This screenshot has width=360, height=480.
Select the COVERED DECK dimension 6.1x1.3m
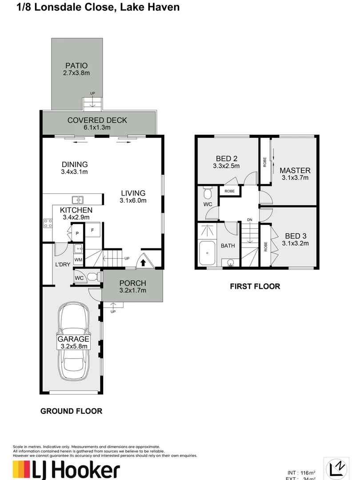tap(97, 128)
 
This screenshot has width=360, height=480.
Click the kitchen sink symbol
tap(77, 200)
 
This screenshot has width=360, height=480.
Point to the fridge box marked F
tap(92, 230)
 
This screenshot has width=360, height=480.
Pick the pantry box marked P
tap(76, 233)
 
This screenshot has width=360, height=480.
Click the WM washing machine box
tap(78, 260)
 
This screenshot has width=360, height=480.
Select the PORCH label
tap(132, 284)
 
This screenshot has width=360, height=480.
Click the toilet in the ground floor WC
tap(92, 277)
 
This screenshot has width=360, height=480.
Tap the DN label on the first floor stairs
tap(250, 220)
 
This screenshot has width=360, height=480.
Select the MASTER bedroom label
tap(295, 170)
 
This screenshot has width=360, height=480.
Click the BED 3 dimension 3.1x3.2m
tap(295, 243)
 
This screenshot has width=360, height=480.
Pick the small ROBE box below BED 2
tap(229, 191)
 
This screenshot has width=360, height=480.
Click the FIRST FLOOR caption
tap(255, 286)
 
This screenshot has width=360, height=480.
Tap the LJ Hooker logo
tap(67, 469)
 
